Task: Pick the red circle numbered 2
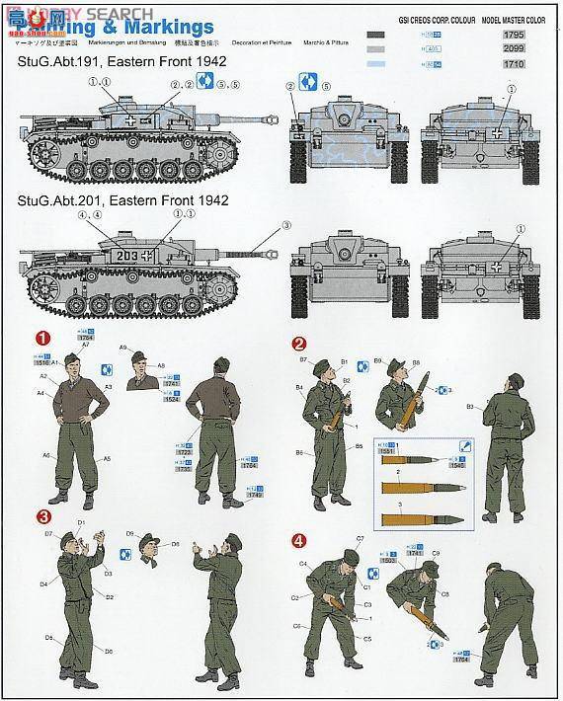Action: pos(298,344)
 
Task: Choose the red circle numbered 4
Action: pos(298,540)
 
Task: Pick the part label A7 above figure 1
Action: pos(86,346)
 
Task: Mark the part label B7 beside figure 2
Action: pos(303,360)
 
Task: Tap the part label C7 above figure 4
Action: pos(361,538)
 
